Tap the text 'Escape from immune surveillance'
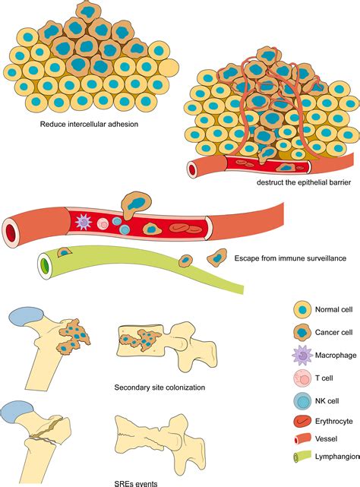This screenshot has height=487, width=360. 291,259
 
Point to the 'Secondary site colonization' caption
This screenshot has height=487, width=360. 159,387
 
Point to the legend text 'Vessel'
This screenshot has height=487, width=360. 324,438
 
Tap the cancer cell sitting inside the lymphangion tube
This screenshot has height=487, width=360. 65,251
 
